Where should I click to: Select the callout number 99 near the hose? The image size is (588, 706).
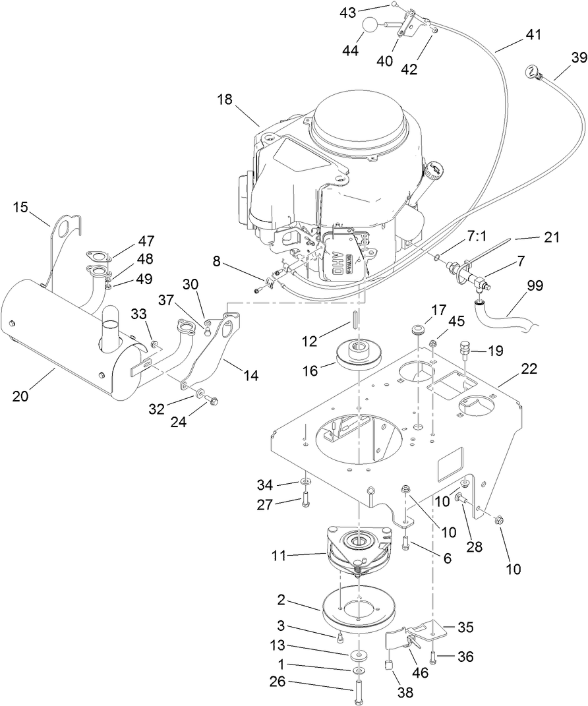coord(536,285)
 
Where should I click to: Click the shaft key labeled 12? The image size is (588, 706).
coord(355,319)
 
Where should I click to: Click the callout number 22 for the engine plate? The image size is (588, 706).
coord(529,369)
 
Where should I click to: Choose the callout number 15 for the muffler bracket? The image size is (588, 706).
coord(20,208)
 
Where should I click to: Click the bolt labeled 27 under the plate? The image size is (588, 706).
coord(305,504)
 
